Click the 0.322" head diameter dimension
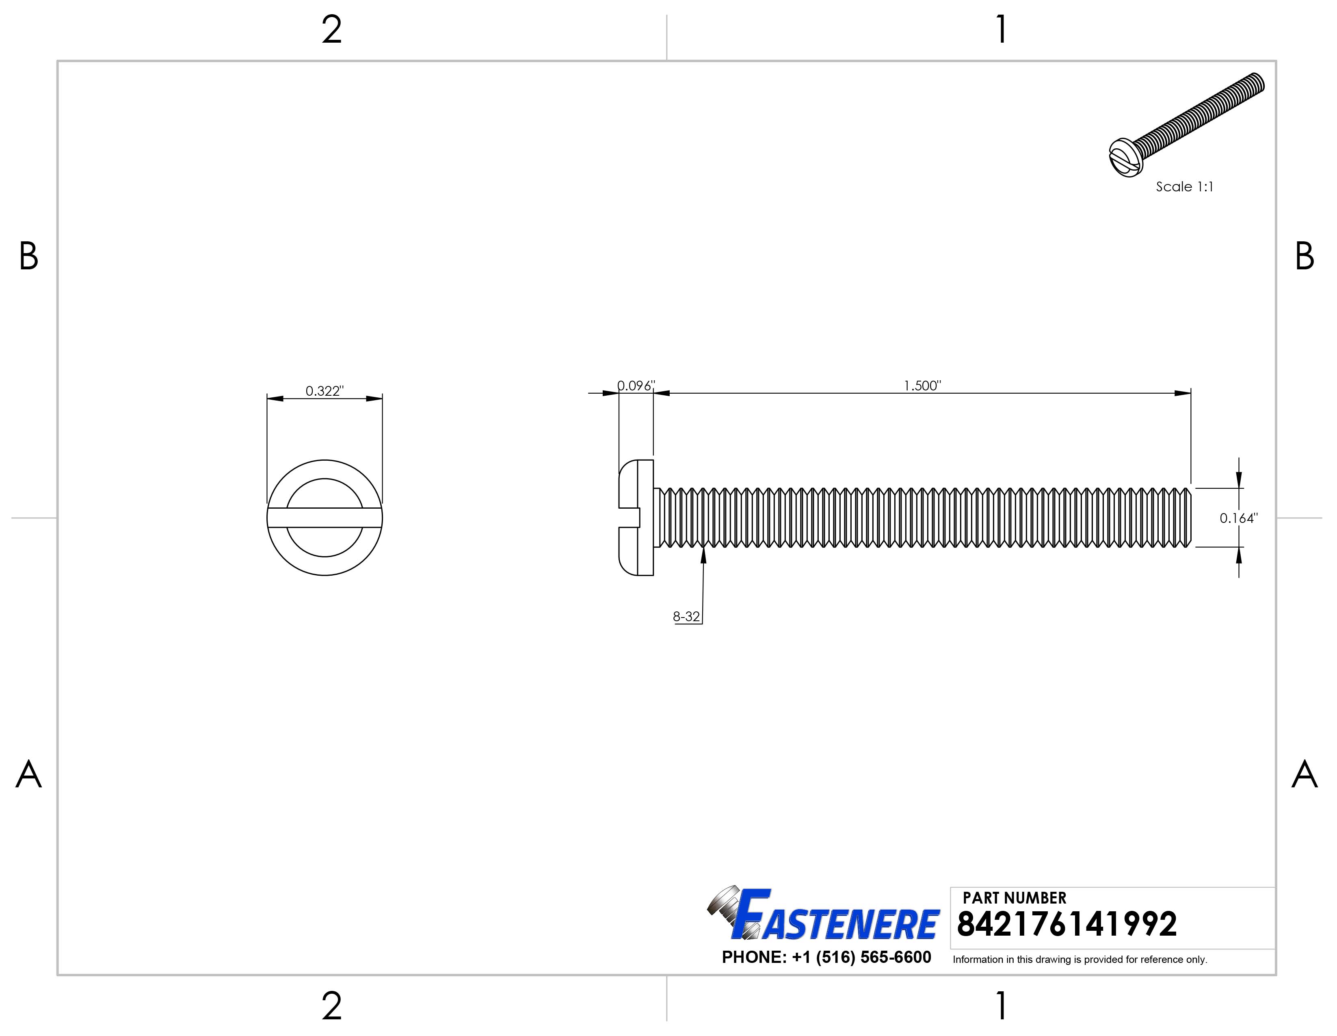[325, 391]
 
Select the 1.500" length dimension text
[922, 385]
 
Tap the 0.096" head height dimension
[636, 385]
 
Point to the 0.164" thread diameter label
[1238, 518]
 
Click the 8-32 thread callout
[686, 617]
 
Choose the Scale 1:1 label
[1184, 187]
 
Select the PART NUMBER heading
[1015, 897]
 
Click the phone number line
[826, 957]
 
